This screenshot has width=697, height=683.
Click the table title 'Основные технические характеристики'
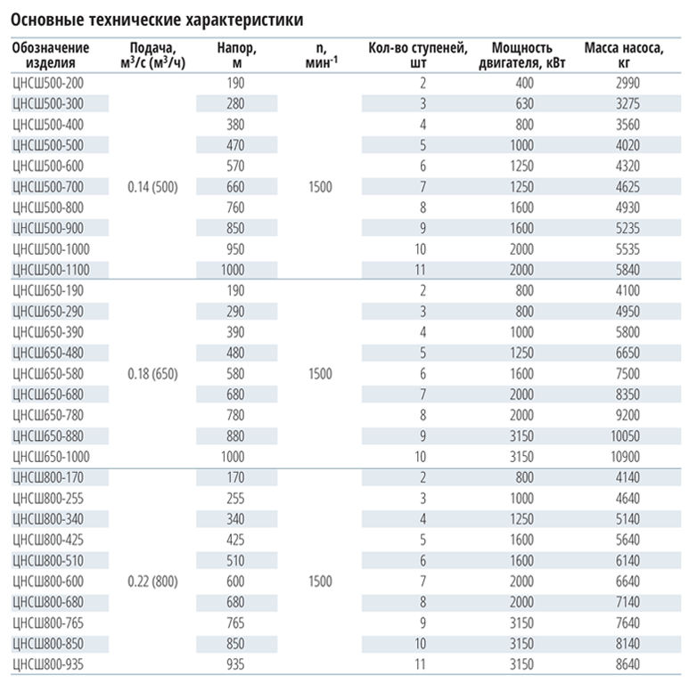click(157, 20)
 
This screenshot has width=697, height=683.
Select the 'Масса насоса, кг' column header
click(624, 55)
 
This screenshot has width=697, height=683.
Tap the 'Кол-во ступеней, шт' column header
click(418, 55)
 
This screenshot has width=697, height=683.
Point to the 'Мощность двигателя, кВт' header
click(522, 55)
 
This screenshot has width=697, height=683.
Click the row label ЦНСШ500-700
click(48, 187)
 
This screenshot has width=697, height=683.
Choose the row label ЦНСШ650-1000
click(51, 457)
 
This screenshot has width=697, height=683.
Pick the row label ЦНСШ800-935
click(48, 664)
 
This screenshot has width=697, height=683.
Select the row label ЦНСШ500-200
click(48, 83)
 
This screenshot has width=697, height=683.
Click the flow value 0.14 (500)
click(152, 187)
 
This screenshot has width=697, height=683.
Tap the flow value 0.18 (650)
click(152, 374)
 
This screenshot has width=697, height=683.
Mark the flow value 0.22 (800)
click(152, 581)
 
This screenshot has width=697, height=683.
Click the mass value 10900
click(625, 457)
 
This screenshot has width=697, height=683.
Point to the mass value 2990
click(627, 83)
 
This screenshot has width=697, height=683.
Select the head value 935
click(235, 664)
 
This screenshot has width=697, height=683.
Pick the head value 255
click(235, 499)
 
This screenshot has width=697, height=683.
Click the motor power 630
click(524, 104)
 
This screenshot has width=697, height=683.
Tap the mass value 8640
click(627, 664)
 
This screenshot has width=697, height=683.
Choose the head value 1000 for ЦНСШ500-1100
click(233, 270)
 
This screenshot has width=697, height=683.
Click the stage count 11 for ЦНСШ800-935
click(420, 664)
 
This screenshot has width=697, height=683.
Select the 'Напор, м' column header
click(237, 55)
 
